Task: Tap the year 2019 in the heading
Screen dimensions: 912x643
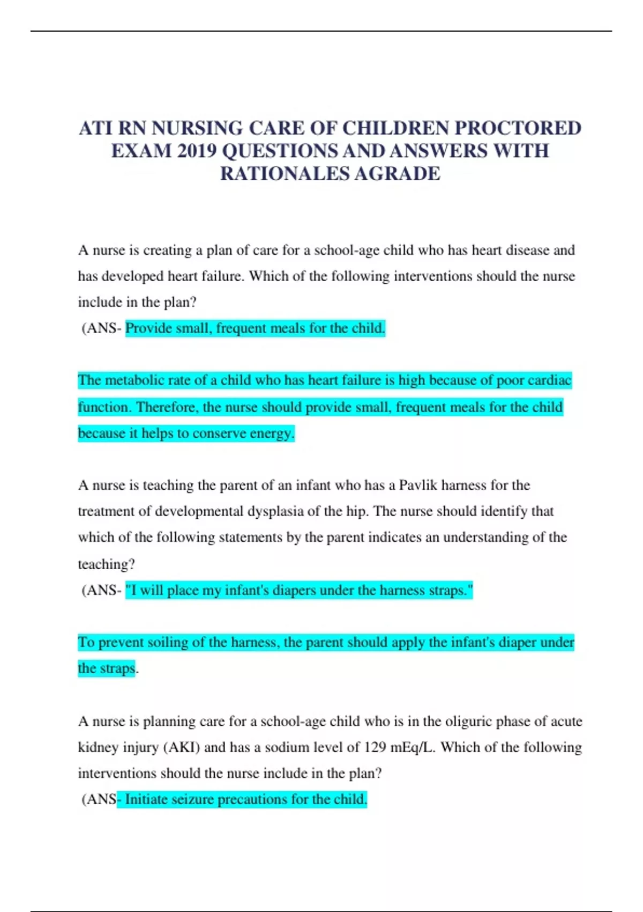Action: pyautogui.click(x=197, y=151)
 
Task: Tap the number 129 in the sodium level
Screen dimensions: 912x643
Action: pyautogui.click(x=375, y=747)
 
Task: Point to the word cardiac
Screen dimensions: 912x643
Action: pyautogui.click(x=549, y=380)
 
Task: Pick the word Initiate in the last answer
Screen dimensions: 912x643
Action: pyautogui.click(x=144, y=799)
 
